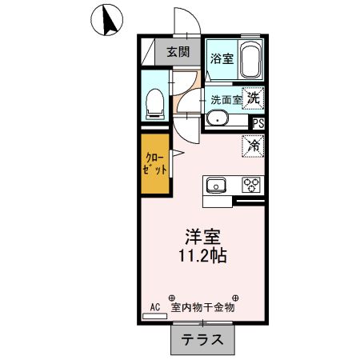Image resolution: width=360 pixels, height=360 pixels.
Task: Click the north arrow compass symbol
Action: pyautogui.click(x=106, y=18)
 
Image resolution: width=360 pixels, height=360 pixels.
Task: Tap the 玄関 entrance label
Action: pyautogui.click(x=178, y=53)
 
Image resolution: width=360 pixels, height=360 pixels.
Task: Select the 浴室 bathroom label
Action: pyautogui.click(x=221, y=58)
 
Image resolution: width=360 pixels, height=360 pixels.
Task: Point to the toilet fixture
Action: pyautogui.click(x=155, y=101)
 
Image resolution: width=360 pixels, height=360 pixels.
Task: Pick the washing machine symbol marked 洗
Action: pyautogui.click(x=254, y=98)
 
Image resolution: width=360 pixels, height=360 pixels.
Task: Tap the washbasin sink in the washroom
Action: pyautogui.click(x=217, y=120)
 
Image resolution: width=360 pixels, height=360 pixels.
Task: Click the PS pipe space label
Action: pyautogui.click(x=258, y=123)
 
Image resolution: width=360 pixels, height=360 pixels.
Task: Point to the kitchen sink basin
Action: pyautogui.click(x=216, y=186)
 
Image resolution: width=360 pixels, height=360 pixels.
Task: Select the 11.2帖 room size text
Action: pyautogui.click(x=203, y=257)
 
